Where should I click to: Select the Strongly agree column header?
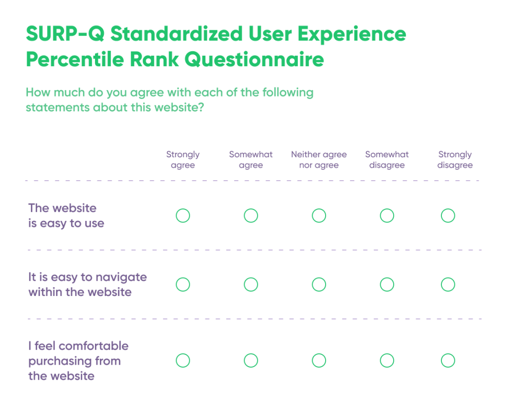click(183, 160)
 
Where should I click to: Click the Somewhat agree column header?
click(251, 160)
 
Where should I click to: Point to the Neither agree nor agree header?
click(319, 160)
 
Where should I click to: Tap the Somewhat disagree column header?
click(387, 160)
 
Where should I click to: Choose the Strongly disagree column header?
click(455, 160)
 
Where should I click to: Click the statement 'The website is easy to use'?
click(66, 215)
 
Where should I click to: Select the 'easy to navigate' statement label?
click(87, 285)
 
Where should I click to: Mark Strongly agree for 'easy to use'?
click(183, 215)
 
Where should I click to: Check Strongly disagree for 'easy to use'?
click(448, 215)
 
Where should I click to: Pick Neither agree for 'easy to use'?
click(319, 215)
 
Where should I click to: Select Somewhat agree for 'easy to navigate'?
click(251, 285)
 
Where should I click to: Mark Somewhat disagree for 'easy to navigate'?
click(387, 285)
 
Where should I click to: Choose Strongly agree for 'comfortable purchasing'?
click(183, 361)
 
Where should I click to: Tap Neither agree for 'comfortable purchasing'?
click(319, 361)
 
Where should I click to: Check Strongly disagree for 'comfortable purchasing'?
click(448, 361)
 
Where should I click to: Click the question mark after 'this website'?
click(200, 107)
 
